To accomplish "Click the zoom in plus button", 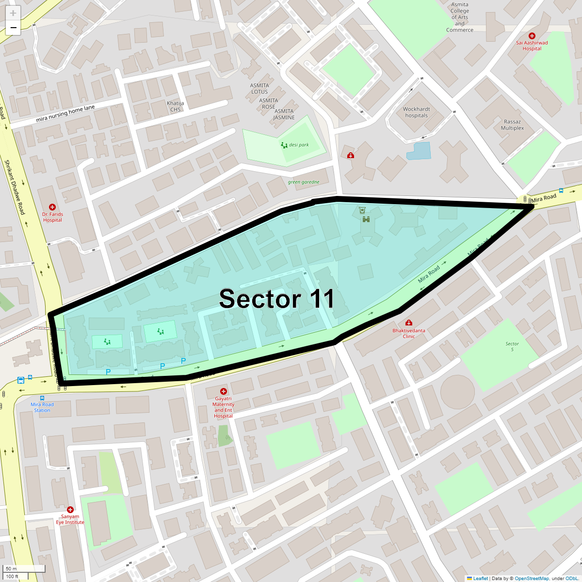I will [x=13, y=13].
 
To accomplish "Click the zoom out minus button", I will [x=13, y=28].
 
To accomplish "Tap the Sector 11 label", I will [x=276, y=299].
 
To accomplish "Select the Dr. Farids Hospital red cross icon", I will [x=52, y=208].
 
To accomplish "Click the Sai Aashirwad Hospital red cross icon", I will [x=532, y=36].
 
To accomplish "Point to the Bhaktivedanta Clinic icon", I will [x=409, y=323].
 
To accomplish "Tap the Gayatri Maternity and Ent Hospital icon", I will [x=223, y=391].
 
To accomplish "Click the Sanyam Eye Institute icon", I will [x=70, y=510].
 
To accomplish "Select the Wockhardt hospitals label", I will [x=416, y=113].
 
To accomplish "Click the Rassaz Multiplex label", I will [x=512, y=125].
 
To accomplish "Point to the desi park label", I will [x=299, y=145].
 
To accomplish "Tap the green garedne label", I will [x=304, y=182].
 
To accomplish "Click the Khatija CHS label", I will [x=175, y=106].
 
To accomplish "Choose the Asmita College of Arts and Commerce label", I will [x=459, y=17].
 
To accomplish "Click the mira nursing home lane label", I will [x=65, y=113].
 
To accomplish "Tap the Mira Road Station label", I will [x=42, y=407].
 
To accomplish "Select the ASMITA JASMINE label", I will [x=284, y=114].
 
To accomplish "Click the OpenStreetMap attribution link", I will [x=532, y=578].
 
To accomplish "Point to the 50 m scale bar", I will [x=24, y=569].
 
